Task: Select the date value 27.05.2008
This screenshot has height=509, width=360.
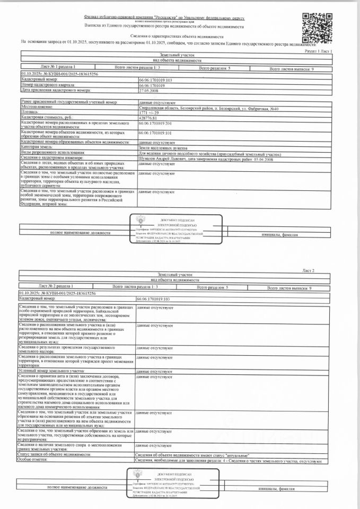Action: (x=148, y=90)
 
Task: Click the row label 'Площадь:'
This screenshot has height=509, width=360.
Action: (x=30, y=112)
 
